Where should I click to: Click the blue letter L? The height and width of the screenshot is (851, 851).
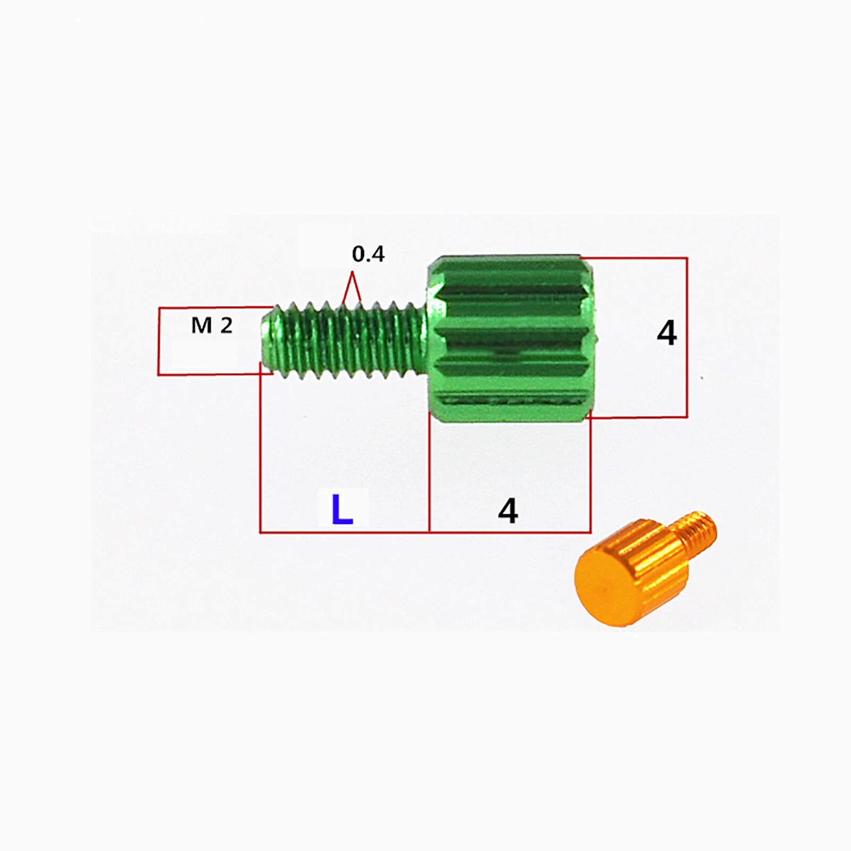(x=343, y=509)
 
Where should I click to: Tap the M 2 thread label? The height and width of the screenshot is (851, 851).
(x=212, y=325)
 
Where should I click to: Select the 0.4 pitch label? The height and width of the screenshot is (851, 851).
(x=368, y=254)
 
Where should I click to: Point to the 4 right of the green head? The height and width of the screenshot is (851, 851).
(x=667, y=333)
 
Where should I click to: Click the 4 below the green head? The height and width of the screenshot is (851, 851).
(x=508, y=512)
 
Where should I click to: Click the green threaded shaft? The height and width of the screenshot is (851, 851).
(x=346, y=340)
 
